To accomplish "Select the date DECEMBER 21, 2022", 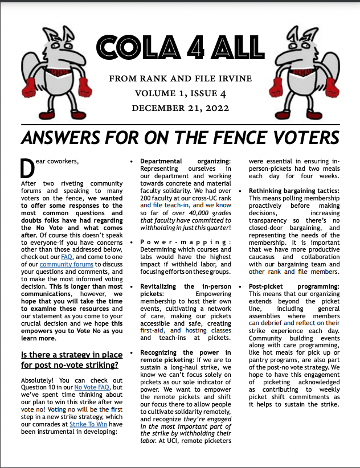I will [x=179, y=108].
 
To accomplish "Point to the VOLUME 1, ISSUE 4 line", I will [x=179, y=93].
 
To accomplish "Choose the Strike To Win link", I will [x=89, y=424].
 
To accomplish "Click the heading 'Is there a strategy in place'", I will [x=68, y=356].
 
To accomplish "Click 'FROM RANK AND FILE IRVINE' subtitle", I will [x=179, y=78].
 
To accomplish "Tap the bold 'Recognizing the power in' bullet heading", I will [x=186, y=353].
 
